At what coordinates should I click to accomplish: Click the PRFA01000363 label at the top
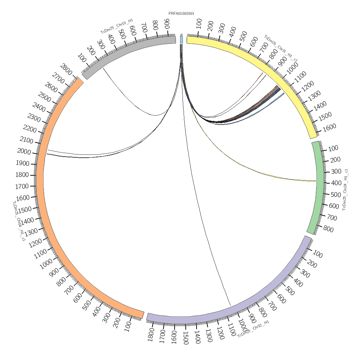tap(181, 14)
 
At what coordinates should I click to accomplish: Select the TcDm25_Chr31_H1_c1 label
tap(281, 49)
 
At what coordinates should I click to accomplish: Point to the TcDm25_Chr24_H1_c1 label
tap(345, 189)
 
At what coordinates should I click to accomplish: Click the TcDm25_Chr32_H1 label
tap(253, 329)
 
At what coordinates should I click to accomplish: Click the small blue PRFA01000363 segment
tap(181, 40)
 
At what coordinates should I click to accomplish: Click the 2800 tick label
tap(67, 67)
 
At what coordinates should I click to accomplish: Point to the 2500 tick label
tap(39, 97)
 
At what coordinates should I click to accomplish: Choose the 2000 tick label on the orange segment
tap(24, 152)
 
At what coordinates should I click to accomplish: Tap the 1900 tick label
tap(22, 163)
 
